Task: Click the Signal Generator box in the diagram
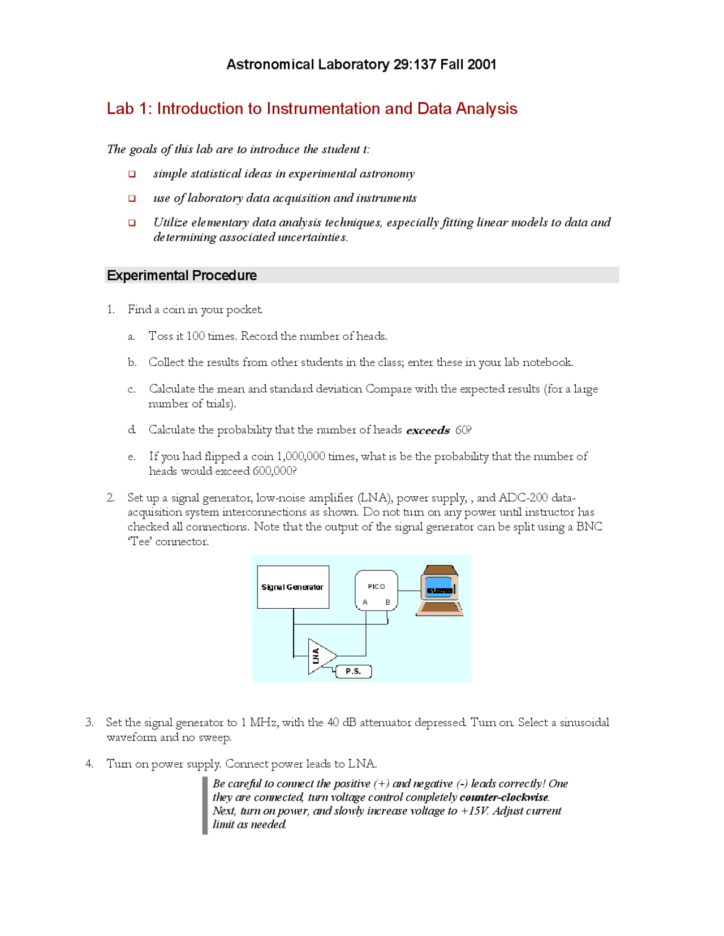tap(293, 587)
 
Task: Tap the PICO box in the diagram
tap(376, 590)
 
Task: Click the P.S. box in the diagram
tap(354, 671)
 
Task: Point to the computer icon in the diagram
tap(440, 590)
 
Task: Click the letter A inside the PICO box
tap(365, 602)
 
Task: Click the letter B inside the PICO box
tap(387, 602)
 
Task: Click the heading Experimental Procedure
tap(182, 275)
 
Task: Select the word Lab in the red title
tap(120, 109)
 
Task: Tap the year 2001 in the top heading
tap(481, 64)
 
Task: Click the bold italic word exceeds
tap(428, 430)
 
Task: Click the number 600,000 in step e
tap(272, 471)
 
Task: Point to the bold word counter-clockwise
tap(503, 797)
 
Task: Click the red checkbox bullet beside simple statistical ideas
tap(132, 174)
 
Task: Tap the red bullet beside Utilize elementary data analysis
tap(132, 223)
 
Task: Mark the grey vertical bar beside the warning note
tap(205, 805)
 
